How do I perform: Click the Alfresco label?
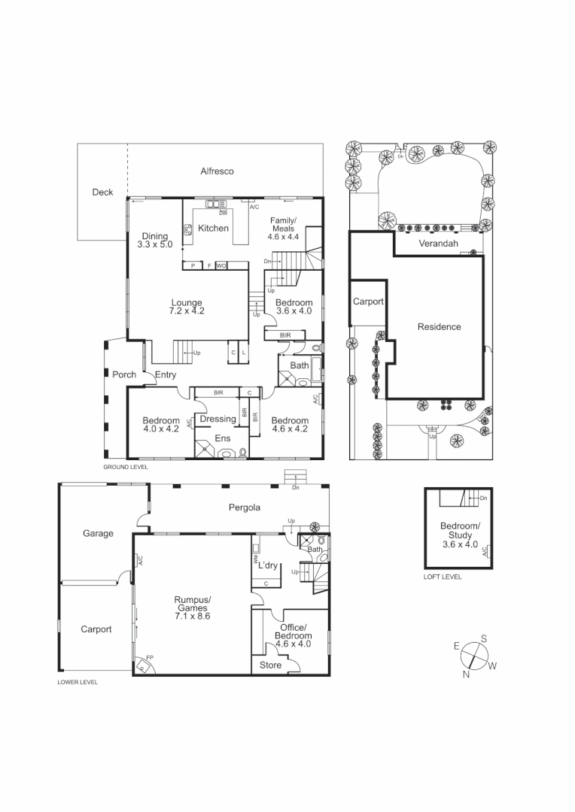click(x=217, y=171)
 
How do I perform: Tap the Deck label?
click(x=102, y=192)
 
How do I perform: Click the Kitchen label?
click(x=213, y=228)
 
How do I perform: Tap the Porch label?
click(x=124, y=374)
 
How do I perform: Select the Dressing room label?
click(x=218, y=419)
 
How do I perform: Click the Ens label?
click(x=223, y=438)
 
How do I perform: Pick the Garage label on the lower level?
click(x=98, y=534)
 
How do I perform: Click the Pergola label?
click(x=245, y=507)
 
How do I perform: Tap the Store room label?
click(x=270, y=665)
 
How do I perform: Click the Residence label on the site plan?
click(x=440, y=327)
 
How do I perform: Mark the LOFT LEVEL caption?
click(x=443, y=577)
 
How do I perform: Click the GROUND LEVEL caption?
click(x=126, y=467)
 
